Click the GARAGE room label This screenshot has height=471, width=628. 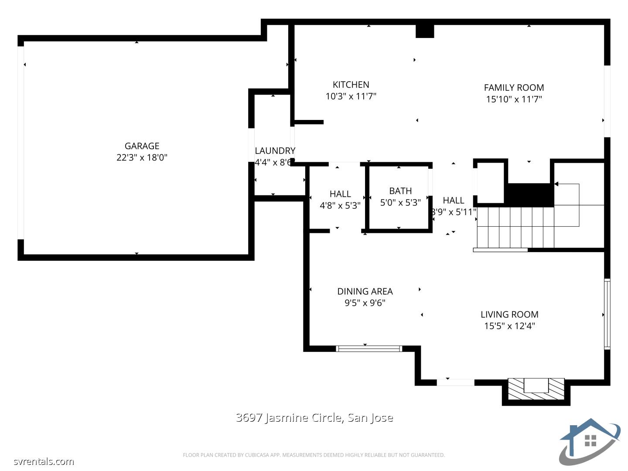click(x=142, y=146)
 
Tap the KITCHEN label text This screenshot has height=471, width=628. click(x=351, y=85)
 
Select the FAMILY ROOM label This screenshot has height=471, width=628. click(x=514, y=87)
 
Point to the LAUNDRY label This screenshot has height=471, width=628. click(x=275, y=151)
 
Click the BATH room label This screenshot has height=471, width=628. click(x=400, y=191)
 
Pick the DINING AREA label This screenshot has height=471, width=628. click(x=365, y=291)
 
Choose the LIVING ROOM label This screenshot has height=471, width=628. click(x=509, y=314)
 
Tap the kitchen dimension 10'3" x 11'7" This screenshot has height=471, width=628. click(x=351, y=96)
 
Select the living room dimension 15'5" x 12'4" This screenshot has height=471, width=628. click(x=509, y=326)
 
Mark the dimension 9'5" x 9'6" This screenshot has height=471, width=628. click(x=365, y=303)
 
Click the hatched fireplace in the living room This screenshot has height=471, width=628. click(x=536, y=389)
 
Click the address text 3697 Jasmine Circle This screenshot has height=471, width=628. click(x=314, y=418)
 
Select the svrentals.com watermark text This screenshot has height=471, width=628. click(x=44, y=461)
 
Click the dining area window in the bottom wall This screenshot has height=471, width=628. click(x=369, y=348)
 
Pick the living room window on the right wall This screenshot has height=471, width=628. click(x=607, y=314)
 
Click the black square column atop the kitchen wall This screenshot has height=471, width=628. click(x=425, y=31)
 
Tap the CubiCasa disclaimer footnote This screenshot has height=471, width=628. click(x=314, y=455)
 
